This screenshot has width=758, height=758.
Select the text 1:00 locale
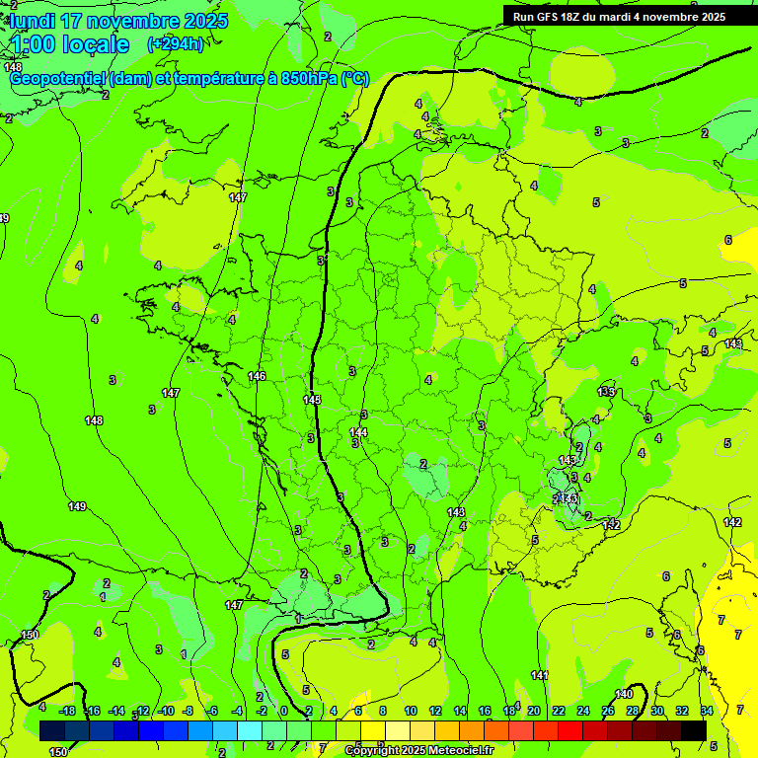pyautogui.click(x=70, y=44)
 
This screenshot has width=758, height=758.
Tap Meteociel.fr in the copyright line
pyautogui.click(x=456, y=751)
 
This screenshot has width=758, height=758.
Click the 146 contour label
pyautogui.click(x=257, y=376)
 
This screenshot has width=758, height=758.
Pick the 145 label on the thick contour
pyautogui.click(x=312, y=400)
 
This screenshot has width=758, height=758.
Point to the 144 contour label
pyautogui.click(x=358, y=432)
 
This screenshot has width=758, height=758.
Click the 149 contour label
pyautogui.click(x=77, y=506)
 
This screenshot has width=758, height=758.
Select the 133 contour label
pyautogui.click(x=606, y=392)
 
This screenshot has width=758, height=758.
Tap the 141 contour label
pyautogui.click(x=539, y=675)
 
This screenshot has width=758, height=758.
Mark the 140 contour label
pyautogui.click(x=624, y=694)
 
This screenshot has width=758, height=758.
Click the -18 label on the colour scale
pyautogui.click(x=67, y=711)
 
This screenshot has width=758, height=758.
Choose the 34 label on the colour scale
pyautogui.click(x=707, y=711)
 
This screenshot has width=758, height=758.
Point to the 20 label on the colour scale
pyautogui.click(x=534, y=711)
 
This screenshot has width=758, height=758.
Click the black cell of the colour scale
pyautogui.click(x=694, y=730)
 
